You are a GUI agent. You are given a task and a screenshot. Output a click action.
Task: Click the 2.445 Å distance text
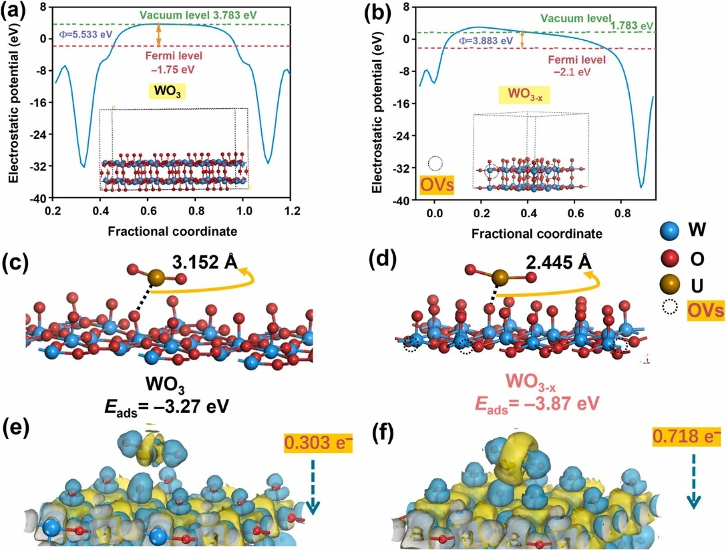[x=558, y=263]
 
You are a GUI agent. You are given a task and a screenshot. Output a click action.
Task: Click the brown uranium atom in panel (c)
[x=156, y=277]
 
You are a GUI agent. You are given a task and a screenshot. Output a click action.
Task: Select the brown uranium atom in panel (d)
[x=502, y=277]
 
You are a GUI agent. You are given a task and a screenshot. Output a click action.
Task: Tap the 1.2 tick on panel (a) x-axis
[x=291, y=212]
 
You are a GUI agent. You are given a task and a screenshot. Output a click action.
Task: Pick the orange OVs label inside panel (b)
[x=435, y=184]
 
